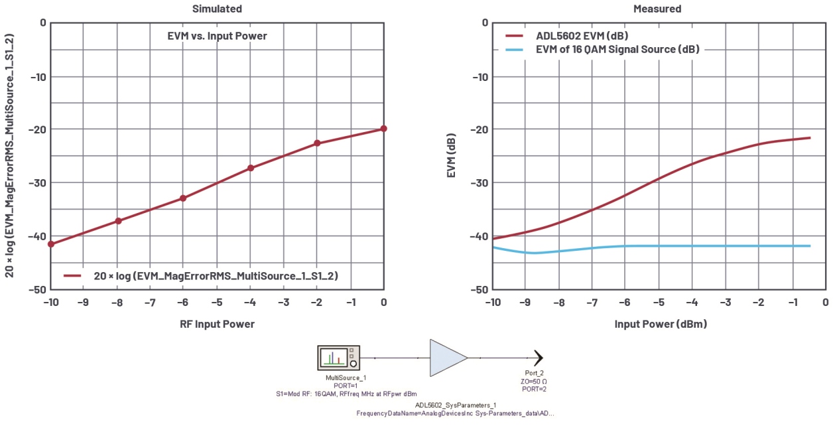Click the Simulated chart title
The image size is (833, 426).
(x=217, y=9)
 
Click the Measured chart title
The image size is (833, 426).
(x=657, y=9)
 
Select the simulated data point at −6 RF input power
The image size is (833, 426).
(x=183, y=198)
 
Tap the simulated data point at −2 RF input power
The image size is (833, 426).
(x=317, y=143)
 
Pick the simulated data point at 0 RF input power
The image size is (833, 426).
(x=383, y=129)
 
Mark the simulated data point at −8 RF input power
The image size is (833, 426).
(x=117, y=220)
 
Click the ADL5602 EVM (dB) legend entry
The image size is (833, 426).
(x=582, y=35)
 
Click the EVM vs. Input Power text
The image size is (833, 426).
(x=217, y=36)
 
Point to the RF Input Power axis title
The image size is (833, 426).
(x=217, y=324)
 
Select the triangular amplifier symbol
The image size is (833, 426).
(x=447, y=358)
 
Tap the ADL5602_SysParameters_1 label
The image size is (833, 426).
(x=456, y=404)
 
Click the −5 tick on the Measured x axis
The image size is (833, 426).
(x=659, y=303)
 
